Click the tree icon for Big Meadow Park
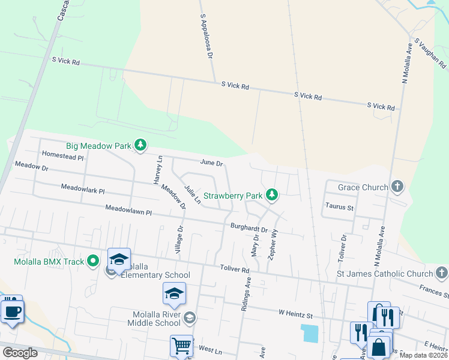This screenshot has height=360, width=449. coord(140,145)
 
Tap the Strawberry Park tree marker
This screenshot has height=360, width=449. coord(272,195)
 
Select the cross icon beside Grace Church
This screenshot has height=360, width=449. coord(397,187)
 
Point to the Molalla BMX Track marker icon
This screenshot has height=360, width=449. coord(93,261)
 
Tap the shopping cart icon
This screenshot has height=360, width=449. coord(181,346)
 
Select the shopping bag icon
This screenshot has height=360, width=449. coord(379,347)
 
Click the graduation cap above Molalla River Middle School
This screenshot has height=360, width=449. coord(174,293)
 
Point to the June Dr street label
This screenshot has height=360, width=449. coord(211,163)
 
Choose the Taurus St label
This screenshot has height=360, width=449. coord(339,207)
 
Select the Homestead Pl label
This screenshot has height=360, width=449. coord(62,154)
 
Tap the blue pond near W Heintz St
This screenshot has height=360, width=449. coord(311,333)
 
